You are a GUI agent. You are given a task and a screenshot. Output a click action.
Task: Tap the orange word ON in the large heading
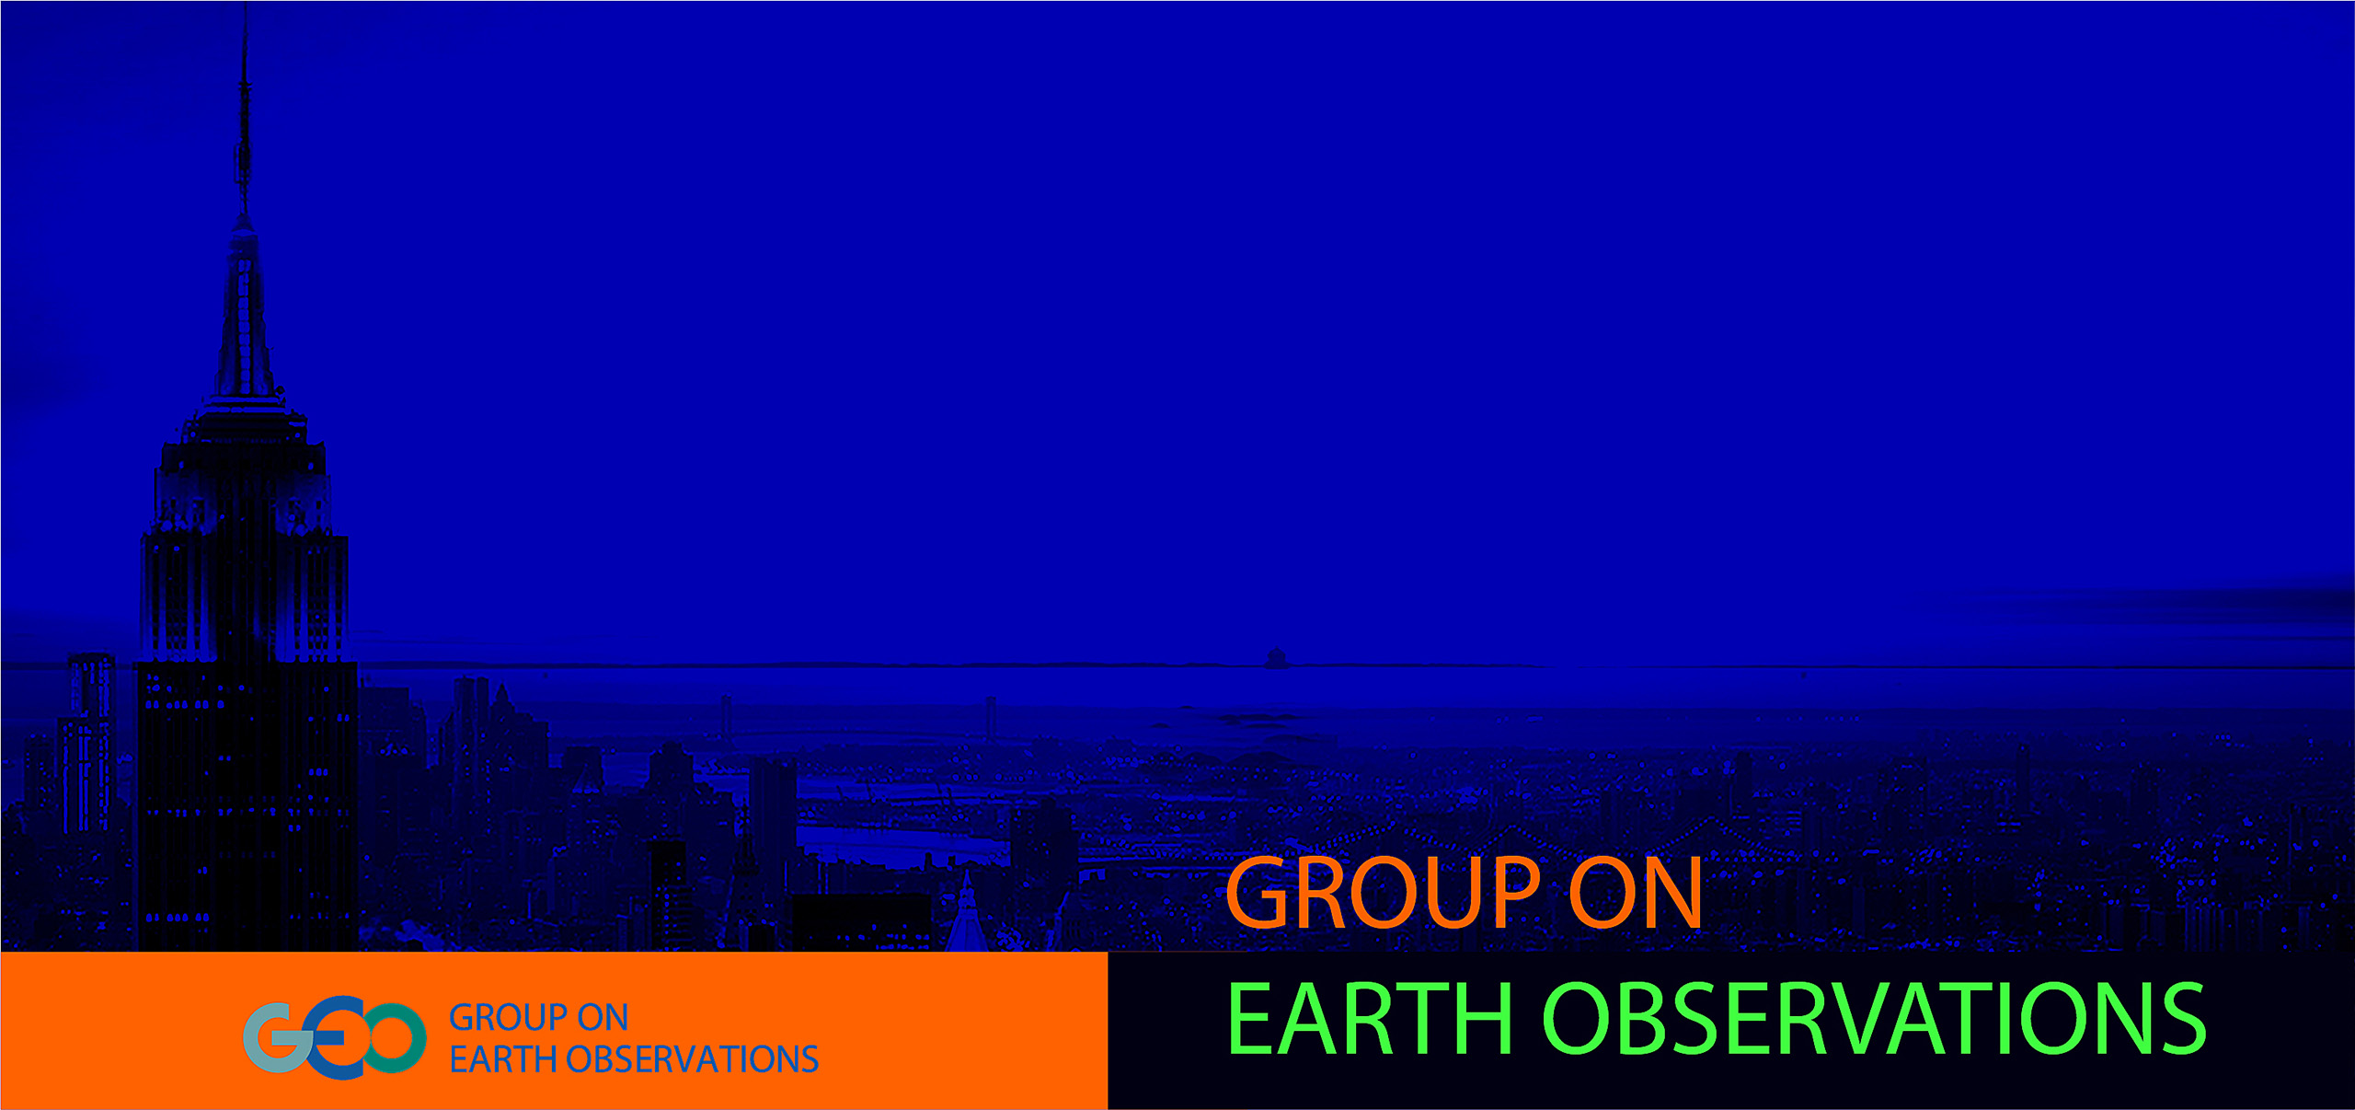(1636, 893)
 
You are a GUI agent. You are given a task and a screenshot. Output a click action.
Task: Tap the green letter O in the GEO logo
(394, 1038)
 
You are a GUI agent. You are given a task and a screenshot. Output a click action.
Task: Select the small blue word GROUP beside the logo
(508, 1018)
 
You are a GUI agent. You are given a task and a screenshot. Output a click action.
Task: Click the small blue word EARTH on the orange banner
(503, 1059)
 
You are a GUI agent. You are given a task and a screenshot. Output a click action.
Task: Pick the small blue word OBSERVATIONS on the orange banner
(692, 1059)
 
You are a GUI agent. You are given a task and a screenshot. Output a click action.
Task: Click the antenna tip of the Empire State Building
(245, 7)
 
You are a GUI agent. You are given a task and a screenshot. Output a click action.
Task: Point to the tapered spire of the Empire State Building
(245, 313)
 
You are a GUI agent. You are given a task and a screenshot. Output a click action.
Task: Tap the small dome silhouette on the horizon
(1276, 657)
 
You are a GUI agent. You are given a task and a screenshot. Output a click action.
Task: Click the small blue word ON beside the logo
(603, 1018)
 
